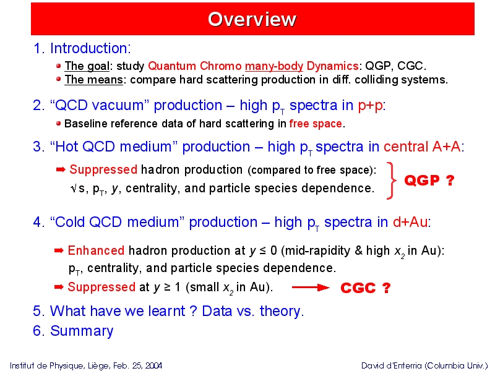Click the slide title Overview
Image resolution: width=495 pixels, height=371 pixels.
point(252,19)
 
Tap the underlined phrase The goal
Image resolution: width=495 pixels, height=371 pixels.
point(87,66)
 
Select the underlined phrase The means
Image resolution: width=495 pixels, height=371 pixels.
point(93,80)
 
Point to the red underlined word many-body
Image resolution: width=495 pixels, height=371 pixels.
point(274,66)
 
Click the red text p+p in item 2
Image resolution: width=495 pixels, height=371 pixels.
point(370,105)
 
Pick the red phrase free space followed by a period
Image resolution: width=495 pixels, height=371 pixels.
point(316,123)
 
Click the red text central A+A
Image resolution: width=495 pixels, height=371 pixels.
point(422,147)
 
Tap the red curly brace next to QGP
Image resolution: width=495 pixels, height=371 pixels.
point(392,181)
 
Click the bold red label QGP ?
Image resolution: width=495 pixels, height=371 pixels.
point(429,181)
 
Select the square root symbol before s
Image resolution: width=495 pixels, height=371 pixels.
point(74,189)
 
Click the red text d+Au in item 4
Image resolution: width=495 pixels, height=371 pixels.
point(410,222)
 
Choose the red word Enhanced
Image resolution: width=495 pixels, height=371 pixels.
point(96,250)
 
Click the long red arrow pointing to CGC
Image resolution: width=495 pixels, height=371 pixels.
point(311,288)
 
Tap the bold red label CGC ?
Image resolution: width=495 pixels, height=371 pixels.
point(366,288)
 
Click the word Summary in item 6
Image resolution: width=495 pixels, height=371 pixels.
point(82,331)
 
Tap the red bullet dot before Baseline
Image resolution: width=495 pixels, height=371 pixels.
point(58,123)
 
